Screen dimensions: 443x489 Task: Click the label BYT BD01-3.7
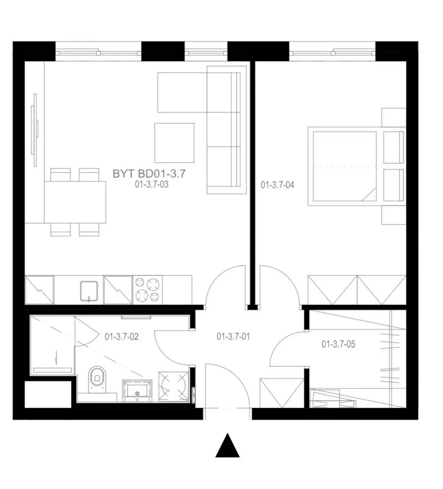tap(149, 174)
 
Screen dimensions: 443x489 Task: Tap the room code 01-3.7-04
tap(277, 185)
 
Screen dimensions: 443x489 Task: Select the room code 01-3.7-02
tap(121, 337)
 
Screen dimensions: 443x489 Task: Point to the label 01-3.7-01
tap(233, 337)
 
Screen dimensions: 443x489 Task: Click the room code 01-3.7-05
tap(338, 344)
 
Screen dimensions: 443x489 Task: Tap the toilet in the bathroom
tap(97, 379)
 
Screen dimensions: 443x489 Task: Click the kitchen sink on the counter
tap(89, 291)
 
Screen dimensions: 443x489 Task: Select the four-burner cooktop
tap(148, 290)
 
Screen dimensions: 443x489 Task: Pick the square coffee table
tap(175, 143)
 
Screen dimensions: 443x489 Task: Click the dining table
tap(75, 202)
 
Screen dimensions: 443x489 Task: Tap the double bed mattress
tap(345, 166)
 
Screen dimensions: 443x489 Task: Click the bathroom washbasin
tap(137, 391)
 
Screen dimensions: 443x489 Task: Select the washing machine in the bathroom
tap(174, 386)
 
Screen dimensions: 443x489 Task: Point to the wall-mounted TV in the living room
tap(34, 130)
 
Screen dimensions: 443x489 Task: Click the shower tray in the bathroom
tap(52, 345)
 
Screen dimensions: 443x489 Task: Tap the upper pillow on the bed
tap(393, 147)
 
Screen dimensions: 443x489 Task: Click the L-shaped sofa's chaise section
tap(182, 92)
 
